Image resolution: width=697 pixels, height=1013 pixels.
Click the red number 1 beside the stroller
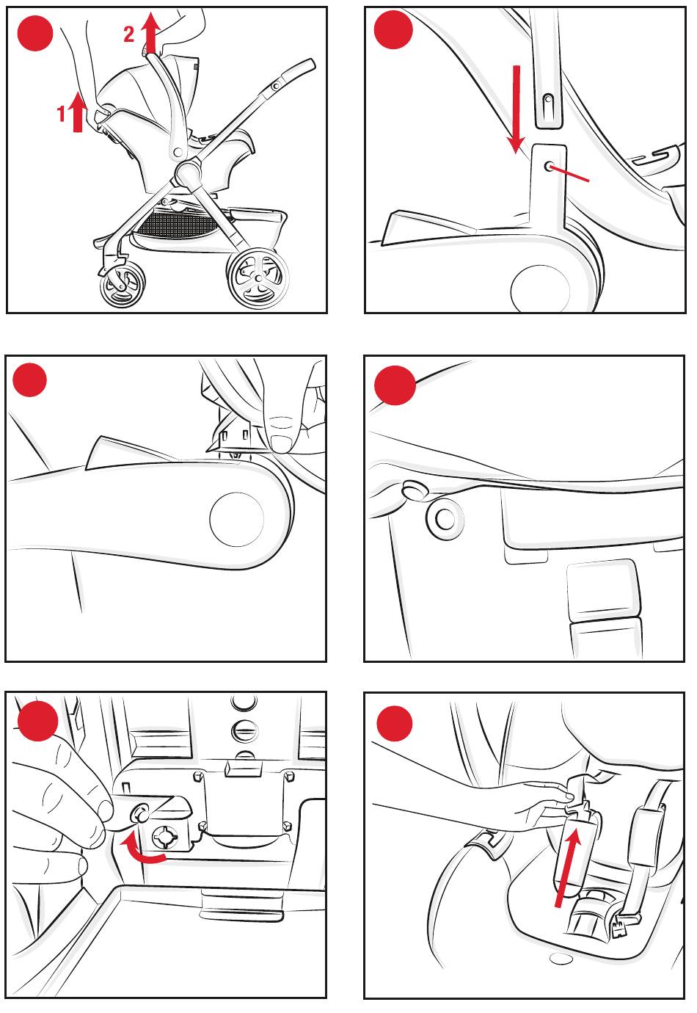[x=61, y=113]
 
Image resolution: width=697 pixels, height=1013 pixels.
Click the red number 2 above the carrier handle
[x=129, y=34]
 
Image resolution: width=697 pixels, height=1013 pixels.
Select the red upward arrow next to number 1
[x=78, y=112]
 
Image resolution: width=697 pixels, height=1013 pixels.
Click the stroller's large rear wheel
[x=258, y=277]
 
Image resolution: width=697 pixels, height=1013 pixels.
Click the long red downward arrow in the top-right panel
[x=515, y=109]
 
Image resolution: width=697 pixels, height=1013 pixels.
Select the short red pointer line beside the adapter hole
[x=569, y=174]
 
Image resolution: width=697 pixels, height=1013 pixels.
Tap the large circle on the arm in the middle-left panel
[x=236, y=519]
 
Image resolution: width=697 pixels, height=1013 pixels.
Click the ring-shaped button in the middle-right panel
[x=445, y=519]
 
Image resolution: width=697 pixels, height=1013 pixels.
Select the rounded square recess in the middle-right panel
[x=603, y=589]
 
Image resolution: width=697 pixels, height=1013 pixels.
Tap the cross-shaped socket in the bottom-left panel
[x=165, y=836]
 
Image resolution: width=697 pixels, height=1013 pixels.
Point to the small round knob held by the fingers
[x=139, y=813]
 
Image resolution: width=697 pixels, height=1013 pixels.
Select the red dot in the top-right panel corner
[x=393, y=29]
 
